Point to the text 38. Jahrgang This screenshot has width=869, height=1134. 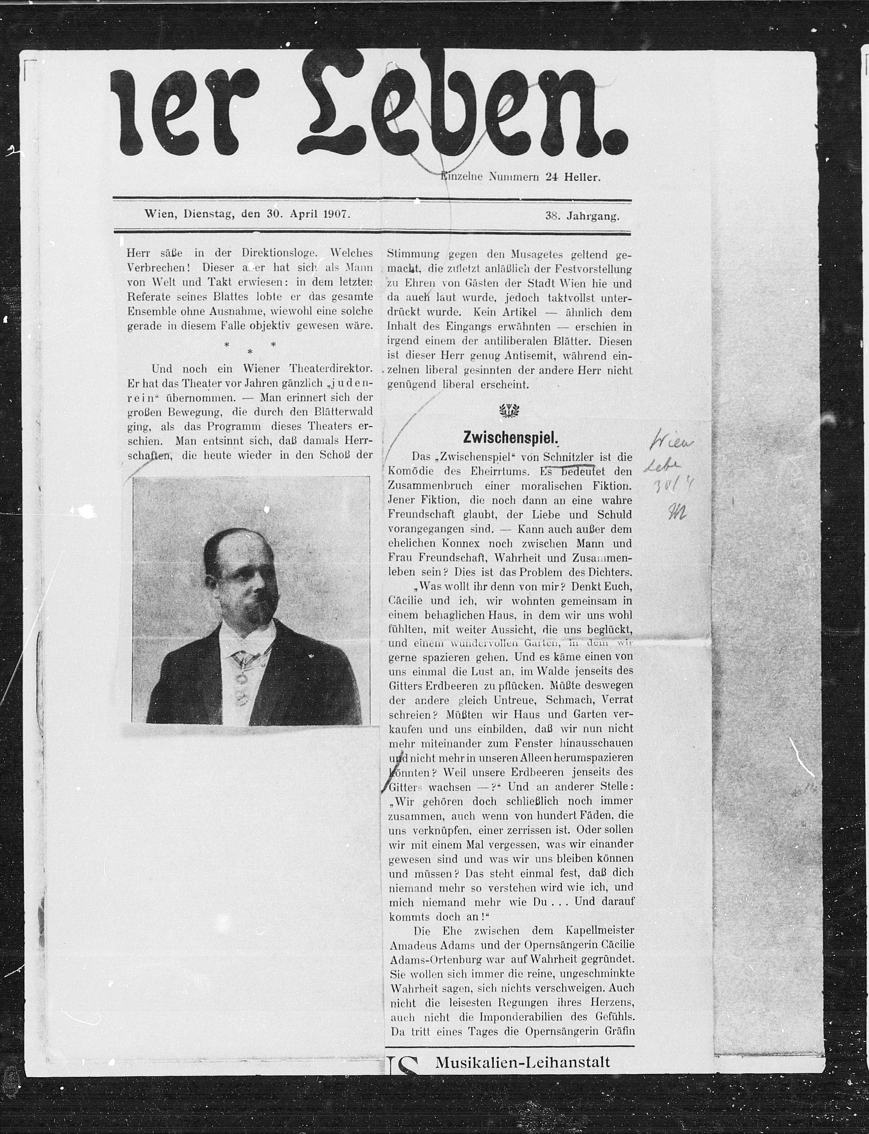click(x=582, y=216)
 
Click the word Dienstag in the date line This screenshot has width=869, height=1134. click(x=206, y=214)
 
